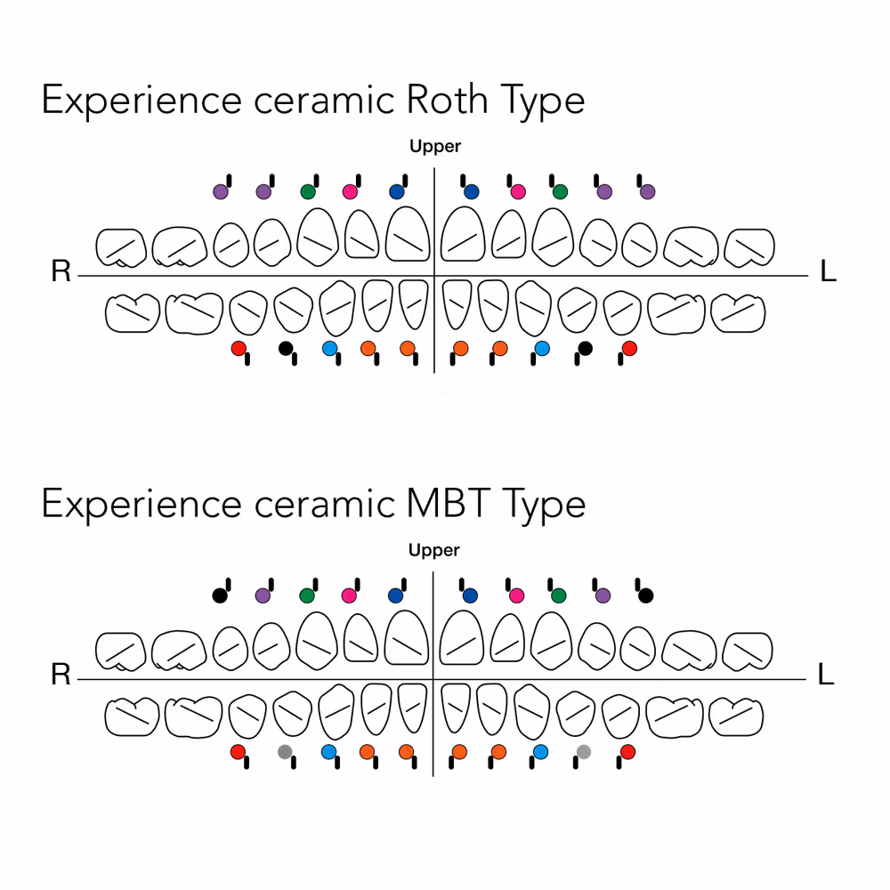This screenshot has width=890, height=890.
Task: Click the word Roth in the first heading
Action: point(447,101)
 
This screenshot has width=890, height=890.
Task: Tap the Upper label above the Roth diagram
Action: point(435,146)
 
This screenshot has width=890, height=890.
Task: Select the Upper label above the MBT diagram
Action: point(434,550)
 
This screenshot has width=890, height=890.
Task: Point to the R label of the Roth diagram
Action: point(61,271)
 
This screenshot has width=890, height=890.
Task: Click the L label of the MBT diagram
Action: point(826,676)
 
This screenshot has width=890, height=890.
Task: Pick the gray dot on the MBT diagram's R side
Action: point(285,752)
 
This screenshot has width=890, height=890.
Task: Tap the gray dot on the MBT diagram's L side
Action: point(583,752)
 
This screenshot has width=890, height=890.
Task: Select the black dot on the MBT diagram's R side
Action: point(220,595)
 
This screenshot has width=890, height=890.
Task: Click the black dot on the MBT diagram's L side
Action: point(646,595)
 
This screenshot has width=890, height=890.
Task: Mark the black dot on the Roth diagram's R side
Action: point(285,348)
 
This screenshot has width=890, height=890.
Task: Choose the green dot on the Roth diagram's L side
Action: point(560,191)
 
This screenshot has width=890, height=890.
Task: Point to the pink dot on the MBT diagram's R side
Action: point(349,595)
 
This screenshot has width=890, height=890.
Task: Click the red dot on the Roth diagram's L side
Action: point(629,349)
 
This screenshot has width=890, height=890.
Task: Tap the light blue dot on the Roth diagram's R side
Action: point(328,349)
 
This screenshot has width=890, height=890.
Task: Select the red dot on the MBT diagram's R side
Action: point(238,752)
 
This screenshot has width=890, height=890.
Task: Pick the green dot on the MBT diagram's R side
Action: point(307,595)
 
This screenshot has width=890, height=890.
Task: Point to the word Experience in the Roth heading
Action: point(142,101)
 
